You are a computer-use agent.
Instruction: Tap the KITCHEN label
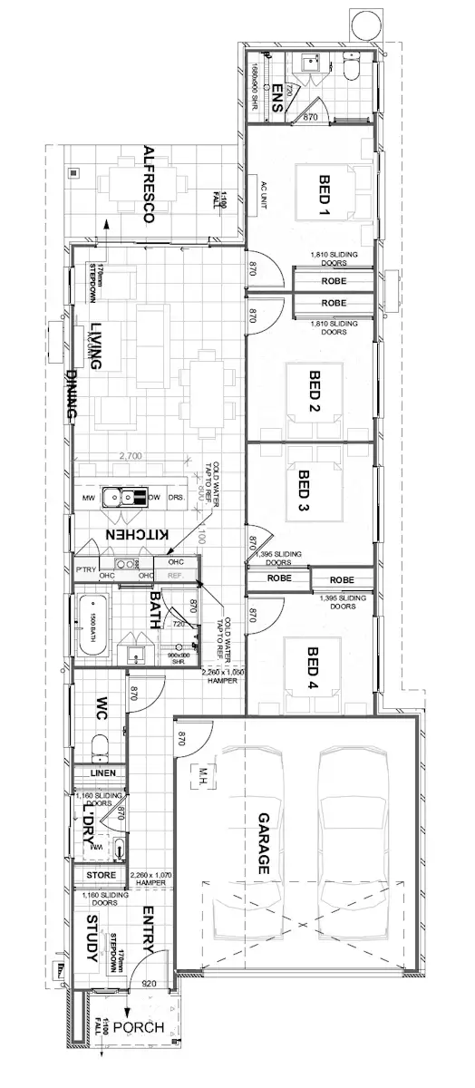pyautogui.click(x=136, y=537)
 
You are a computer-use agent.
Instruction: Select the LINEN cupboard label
pyautogui.click(x=100, y=773)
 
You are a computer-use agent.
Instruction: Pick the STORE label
pyautogui.click(x=100, y=875)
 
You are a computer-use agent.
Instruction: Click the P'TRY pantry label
pyautogui.click(x=86, y=569)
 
